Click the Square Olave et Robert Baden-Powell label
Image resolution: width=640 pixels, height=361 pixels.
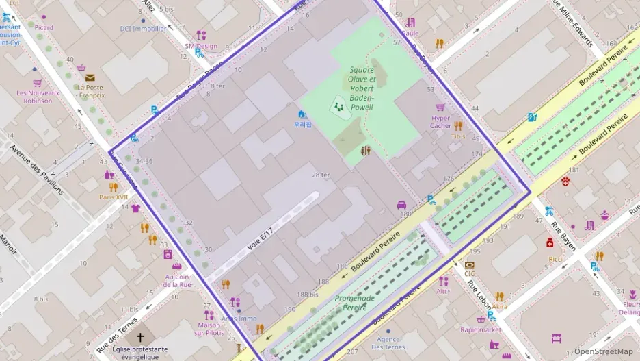[x=362, y=88]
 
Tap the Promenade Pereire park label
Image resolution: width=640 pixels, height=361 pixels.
[x=355, y=302]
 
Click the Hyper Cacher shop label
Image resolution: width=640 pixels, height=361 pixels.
[x=440, y=121]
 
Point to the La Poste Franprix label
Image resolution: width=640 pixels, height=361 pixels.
[x=90, y=91]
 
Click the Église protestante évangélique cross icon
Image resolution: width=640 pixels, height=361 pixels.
[x=141, y=337]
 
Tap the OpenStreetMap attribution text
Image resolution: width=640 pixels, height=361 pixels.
[x=603, y=351]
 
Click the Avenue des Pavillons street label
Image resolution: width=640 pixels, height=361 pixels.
[x=37, y=169]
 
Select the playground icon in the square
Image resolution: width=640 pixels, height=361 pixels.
[x=337, y=106]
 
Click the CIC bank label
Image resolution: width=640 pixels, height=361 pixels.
[x=469, y=274]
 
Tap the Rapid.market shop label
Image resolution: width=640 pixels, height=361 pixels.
[x=480, y=329]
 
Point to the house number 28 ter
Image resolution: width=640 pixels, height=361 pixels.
[x=321, y=175]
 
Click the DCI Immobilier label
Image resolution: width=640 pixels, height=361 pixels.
[x=143, y=29]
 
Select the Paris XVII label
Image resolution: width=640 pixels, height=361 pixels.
[x=114, y=197]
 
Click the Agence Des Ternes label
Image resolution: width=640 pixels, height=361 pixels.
[x=389, y=343]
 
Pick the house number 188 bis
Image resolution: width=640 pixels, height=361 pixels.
[x=307, y=295]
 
